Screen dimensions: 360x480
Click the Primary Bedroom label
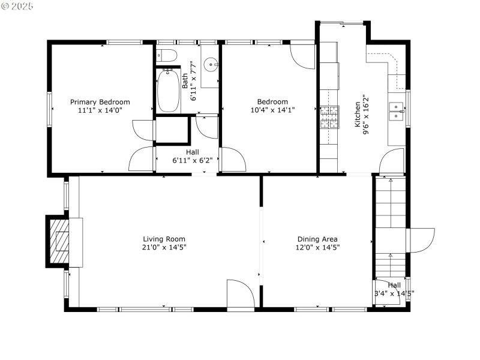pos(100,102)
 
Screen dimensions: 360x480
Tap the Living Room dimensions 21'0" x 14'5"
pos(164,247)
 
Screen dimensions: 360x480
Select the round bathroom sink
pos(209,64)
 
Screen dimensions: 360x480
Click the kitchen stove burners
pos(328,117)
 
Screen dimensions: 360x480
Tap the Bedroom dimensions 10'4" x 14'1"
pos(272,110)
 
